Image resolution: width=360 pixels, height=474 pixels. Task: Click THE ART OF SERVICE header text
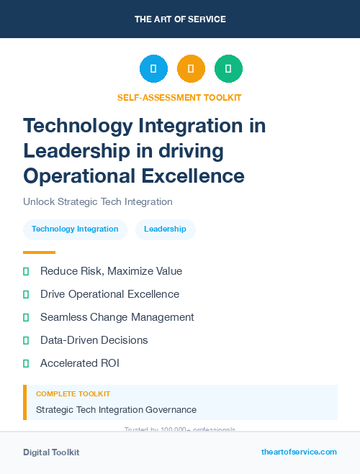click(x=180, y=19)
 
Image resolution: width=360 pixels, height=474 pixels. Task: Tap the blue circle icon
click(x=153, y=69)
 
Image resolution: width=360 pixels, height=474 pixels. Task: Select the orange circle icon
click(x=191, y=69)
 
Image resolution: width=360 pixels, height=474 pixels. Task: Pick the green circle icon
click(x=228, y=69)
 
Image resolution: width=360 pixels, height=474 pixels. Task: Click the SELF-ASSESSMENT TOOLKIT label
click(x=179, y=97)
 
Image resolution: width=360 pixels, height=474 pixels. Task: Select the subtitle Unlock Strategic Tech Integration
click(x=98, y=201)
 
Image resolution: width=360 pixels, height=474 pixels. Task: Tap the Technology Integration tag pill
click(x=75, y=229)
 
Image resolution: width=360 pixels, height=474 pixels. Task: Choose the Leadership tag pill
click(x=165, y=229)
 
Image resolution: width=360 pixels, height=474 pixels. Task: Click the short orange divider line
click(x=39, y=252)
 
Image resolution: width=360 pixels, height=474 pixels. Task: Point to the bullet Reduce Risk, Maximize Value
click(x=111, y=271)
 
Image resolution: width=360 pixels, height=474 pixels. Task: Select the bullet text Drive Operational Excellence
click(x=109, y=294)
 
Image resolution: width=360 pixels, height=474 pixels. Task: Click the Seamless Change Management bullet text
click(x=117, y=317)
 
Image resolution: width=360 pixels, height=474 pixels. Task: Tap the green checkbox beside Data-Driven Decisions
click(x=26, y=340)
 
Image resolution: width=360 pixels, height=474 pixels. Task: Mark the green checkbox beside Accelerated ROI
click(x=26, y=363)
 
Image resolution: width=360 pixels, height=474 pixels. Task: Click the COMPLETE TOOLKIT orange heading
click(x=73, y=394)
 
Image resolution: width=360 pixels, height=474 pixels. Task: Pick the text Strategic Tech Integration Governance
click(x=116, y=409)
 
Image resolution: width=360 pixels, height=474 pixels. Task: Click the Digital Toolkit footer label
click(x=51, y=452)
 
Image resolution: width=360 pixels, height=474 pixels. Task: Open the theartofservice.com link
click(x=299, y=452)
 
